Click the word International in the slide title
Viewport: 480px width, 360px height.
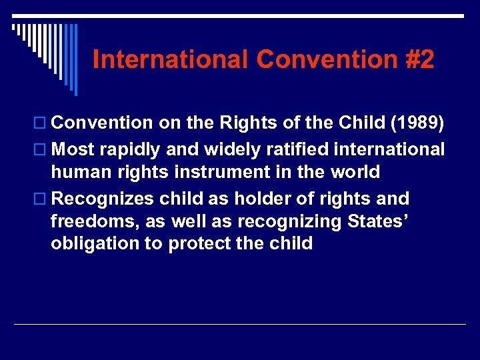171,59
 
